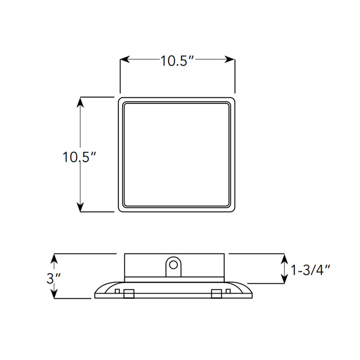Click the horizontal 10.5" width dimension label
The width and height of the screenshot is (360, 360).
177,61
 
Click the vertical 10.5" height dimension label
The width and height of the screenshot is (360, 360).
80,157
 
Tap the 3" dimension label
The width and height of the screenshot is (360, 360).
54,278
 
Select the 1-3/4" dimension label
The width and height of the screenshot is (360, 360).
310,269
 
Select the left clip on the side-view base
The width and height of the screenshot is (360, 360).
128,294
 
